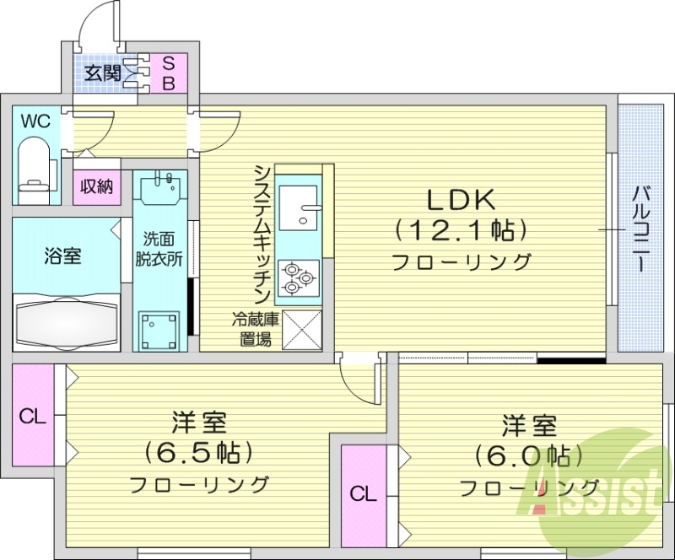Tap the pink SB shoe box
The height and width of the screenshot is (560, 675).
pos(168,73)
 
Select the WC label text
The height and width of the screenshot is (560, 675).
pos(35,121)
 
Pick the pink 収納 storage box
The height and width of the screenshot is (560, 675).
pos(97,186)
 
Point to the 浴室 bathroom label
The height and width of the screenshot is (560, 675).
pos(62,256)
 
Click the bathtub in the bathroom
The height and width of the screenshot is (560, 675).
pos(66,320)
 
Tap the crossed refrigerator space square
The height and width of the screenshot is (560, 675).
pos(301,329)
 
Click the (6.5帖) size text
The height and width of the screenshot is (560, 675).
pos(199,453)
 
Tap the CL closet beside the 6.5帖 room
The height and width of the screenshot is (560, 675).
pos(33,416)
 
